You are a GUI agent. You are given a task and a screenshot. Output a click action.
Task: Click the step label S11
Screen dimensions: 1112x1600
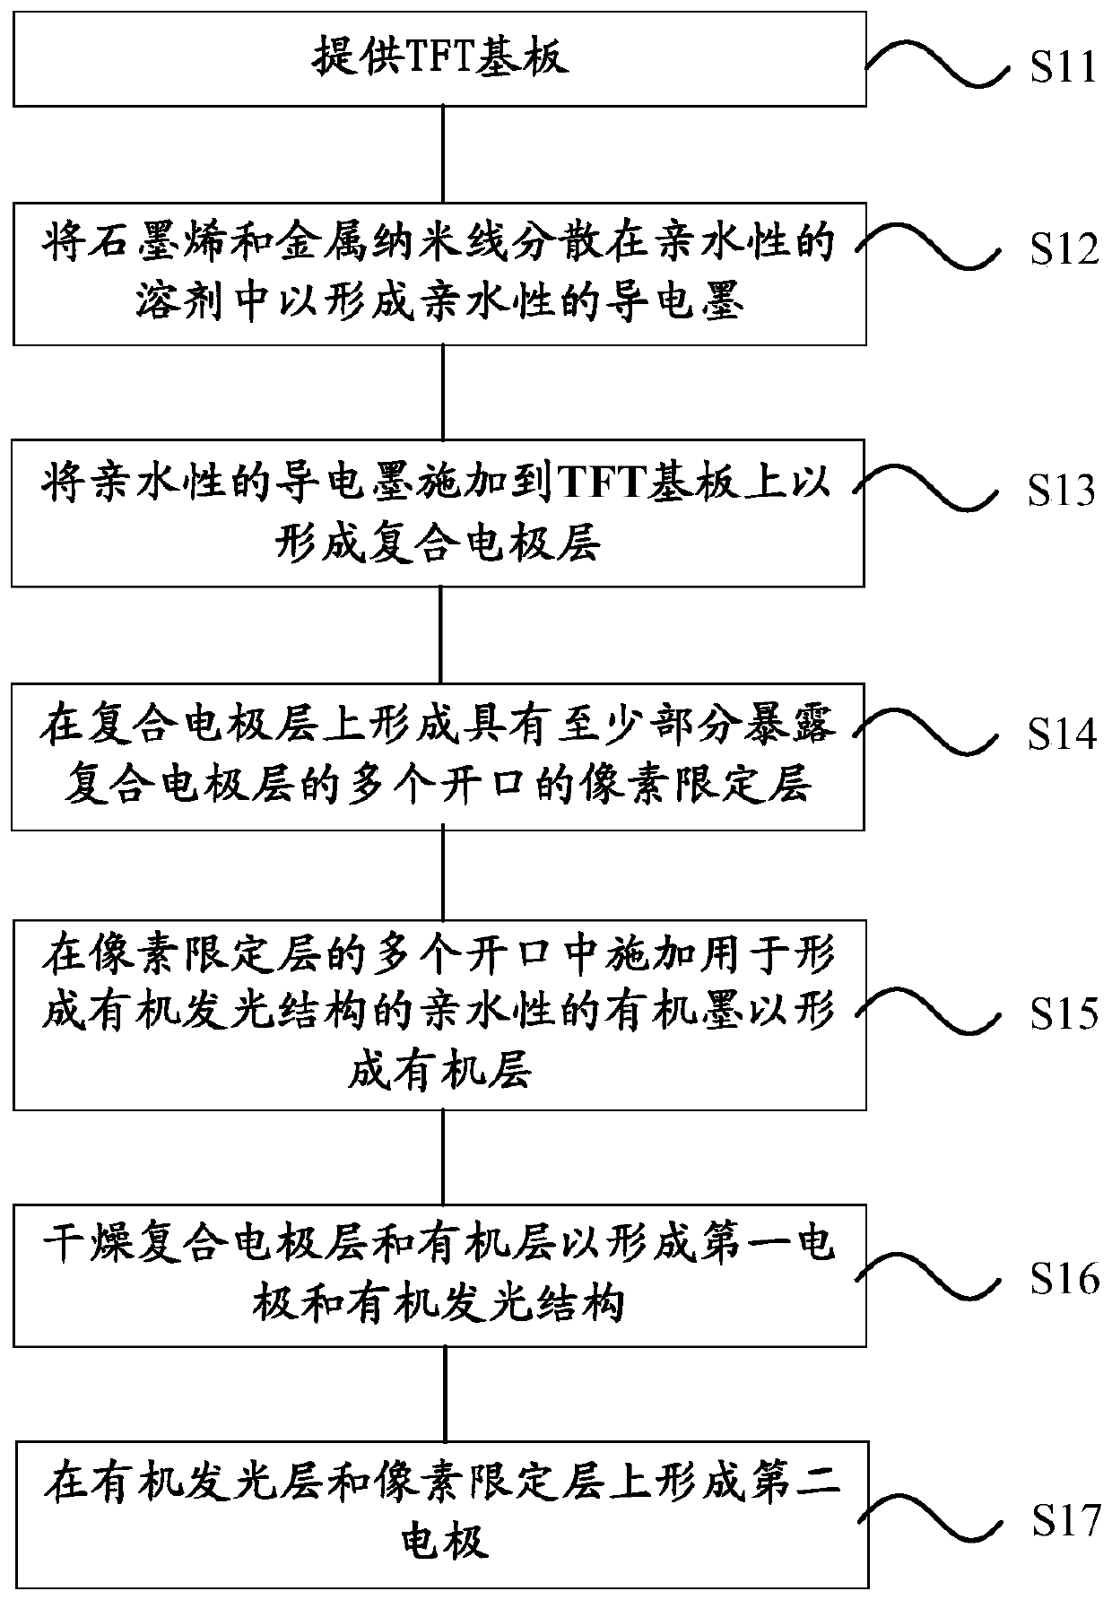[1064, 68]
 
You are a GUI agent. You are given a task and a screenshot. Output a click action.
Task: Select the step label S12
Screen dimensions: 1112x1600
[1064, 249]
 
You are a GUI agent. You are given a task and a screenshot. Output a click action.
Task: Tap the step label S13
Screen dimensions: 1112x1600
[1063, 490]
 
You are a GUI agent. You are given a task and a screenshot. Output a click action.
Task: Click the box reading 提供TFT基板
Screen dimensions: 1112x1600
[439, 59]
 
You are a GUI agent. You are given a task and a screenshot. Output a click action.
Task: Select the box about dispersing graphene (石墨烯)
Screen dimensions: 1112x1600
[439, 274]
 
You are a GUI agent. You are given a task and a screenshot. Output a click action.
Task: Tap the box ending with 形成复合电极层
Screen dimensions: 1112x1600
[438, 513]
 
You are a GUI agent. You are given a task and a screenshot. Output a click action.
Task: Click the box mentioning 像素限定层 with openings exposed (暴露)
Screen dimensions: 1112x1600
[438, 756]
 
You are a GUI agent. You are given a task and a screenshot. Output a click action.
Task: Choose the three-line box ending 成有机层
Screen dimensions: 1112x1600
[439, 1014]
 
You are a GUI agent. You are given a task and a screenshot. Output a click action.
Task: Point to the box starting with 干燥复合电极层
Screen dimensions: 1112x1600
[439, 1275]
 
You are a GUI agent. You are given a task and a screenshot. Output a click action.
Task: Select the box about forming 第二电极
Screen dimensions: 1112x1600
[442, 1515]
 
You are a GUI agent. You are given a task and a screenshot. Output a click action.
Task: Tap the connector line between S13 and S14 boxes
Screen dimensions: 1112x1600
[440, 635]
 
